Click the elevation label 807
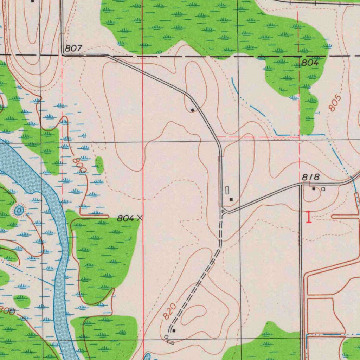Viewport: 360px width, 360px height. (73, 49)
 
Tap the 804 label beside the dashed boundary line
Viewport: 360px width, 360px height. (310, 63)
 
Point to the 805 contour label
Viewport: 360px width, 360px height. (335, 103)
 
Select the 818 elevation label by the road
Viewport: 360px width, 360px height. (311, 178)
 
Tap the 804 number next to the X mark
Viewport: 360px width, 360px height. (126, 218)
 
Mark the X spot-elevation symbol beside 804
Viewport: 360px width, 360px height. (140, 218)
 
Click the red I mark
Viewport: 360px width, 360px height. (309, 217)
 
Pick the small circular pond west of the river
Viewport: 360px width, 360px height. (18, 210)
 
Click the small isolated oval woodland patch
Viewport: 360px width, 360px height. (99, 165)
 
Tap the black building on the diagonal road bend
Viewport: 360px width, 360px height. (193, 110)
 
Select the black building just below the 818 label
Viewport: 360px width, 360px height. (314, 189)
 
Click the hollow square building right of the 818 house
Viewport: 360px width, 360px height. (323, 189)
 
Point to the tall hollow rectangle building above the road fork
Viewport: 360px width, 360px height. (227, 190)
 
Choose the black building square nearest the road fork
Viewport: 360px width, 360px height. (231, 199)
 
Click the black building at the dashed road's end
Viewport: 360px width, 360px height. (174, 330)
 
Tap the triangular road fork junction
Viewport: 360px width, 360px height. (224, 211)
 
